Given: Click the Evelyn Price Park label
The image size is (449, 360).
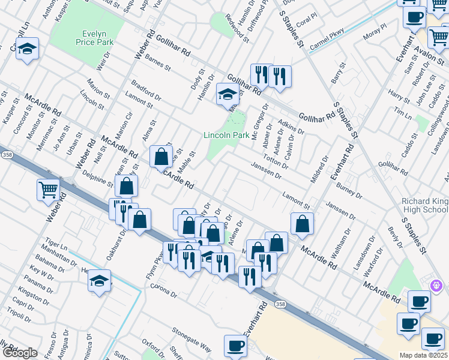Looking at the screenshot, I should [x=90, y=37].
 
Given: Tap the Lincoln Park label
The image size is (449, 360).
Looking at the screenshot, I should [x=226, y=135].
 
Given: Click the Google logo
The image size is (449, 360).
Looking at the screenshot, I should [x=19, y=353].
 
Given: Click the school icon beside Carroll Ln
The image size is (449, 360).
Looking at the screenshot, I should [x=27, y=49].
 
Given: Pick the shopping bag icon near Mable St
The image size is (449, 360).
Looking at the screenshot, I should [x=161, y=158].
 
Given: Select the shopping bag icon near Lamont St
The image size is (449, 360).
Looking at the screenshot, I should [x=302, y=224].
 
